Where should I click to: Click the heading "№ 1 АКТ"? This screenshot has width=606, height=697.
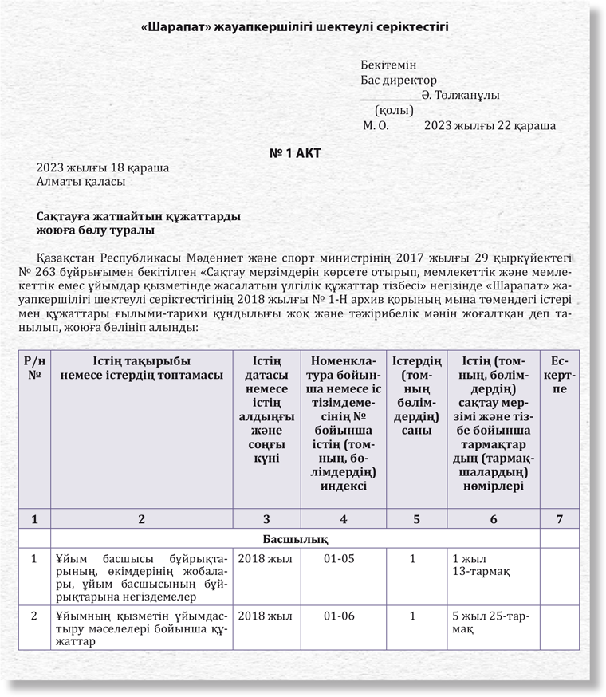pyautogui.click(x=294, y=152)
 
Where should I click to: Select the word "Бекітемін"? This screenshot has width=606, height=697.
pyautogui.click(x=388, y=65)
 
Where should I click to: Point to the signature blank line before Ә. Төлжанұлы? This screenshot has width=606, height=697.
pyautogui.click(x=390, y=97)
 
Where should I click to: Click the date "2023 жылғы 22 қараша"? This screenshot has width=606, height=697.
pyautogui.click(x=490, y=125)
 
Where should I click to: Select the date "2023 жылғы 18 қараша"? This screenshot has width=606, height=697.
pyautogui.click(x=103, y=168)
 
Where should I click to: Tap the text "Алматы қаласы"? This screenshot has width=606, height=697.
pyautogui.click(x=81, y=182)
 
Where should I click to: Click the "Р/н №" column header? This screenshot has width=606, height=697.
pyautogui.click(x=34, y=369)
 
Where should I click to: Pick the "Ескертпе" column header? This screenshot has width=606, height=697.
pyautogui.click(x=560, y=376)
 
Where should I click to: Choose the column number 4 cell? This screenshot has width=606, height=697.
pyautogui.click(x=343, y=519)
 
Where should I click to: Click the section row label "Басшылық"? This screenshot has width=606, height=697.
pyautogui.click(x=296, y=538)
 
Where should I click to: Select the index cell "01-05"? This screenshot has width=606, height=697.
pyautogui.click(x=343, y=558)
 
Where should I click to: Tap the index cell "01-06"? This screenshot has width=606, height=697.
pyautogui.click(x=343, y=617)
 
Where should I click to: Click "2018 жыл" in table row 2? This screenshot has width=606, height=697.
pyautogui.click(x=265, y=617)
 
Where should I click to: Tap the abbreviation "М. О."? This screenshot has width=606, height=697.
pyautogui.click(x=376, y=125)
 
